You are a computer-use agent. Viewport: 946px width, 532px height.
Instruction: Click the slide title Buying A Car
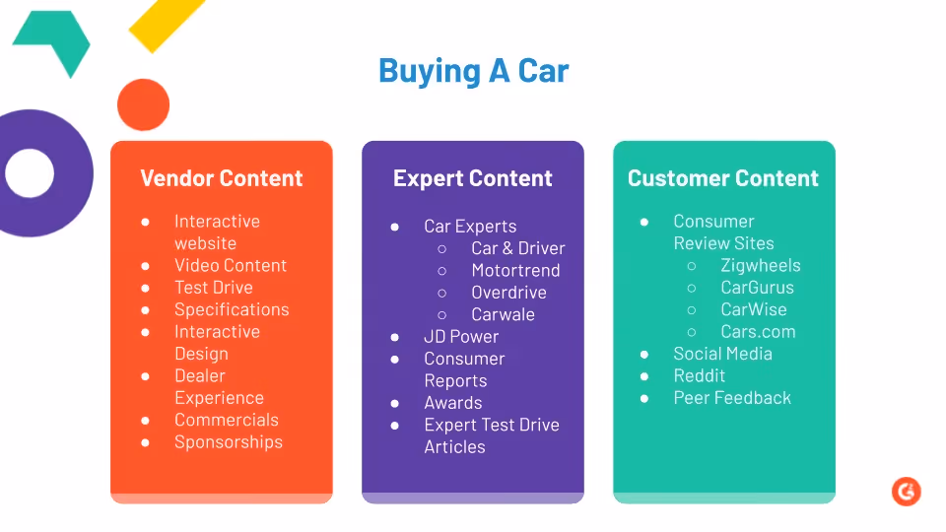click(x=473, y=71)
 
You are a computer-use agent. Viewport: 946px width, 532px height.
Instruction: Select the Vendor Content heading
click(x=222, y=178)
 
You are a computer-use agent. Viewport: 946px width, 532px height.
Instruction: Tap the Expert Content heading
click(x=473, y=178)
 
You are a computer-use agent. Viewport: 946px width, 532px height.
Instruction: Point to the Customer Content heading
click(x=723, y=178)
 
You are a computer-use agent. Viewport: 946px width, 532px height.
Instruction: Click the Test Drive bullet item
click(x=213, y=288)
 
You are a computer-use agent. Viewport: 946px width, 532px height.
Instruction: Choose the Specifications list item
click(x=232, y=309)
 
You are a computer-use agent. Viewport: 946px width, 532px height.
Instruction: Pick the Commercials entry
click(x=227, y=420)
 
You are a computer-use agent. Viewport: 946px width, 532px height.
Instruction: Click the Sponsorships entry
click(x=229, y=442)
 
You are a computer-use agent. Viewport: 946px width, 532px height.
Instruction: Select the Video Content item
click(x=231, y=265)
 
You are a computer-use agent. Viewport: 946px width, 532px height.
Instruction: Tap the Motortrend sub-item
click(x=515, y=270)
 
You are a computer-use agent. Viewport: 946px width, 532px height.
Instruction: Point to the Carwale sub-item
click(x=503, y=314)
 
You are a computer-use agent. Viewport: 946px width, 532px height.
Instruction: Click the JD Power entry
click(x=461, y=337)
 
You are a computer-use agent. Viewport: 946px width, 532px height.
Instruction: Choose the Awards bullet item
click(x=453, y=403)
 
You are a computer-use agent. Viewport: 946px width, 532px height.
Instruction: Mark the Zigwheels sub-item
click(x=761, y=265)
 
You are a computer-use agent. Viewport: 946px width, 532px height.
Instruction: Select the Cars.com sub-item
click(x=758, y=332)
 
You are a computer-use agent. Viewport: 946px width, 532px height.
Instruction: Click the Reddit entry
click(x=700, y=375)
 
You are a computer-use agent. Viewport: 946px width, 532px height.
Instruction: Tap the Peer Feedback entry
click(x=732, y=398)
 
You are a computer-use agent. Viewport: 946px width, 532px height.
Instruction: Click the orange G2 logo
click(x=906, y=492)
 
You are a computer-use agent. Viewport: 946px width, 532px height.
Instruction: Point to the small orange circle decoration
click(x=143, y=104)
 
